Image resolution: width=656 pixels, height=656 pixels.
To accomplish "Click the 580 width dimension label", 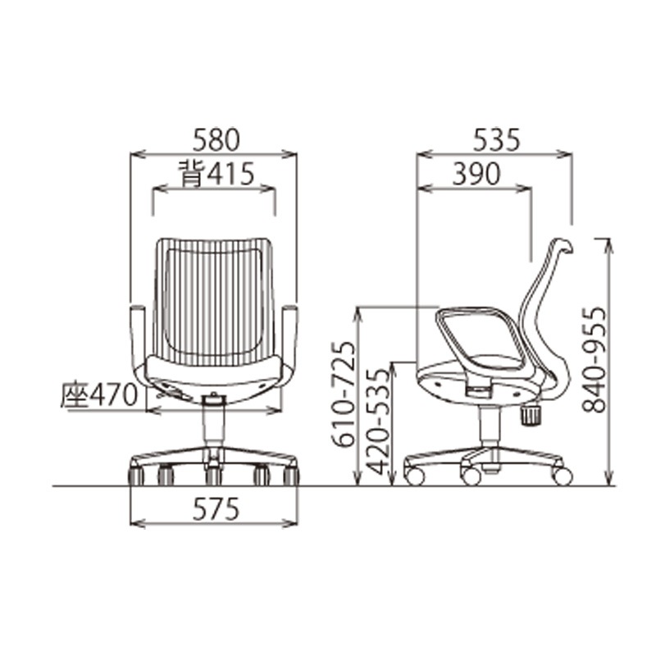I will coord(216,139).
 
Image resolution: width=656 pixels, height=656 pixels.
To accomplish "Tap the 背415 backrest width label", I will coord(215,174).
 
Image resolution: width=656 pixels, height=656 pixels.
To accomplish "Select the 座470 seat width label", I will coord(98,395).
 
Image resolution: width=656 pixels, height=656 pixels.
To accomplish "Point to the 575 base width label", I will coord(215,509).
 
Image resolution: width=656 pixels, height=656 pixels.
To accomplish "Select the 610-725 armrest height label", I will coord(344,394).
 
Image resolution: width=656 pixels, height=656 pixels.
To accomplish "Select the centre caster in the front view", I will coord(213,474).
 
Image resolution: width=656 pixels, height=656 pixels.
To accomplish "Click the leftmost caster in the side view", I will coord(415,476).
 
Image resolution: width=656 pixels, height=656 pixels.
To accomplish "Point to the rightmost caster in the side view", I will coord(562,475).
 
